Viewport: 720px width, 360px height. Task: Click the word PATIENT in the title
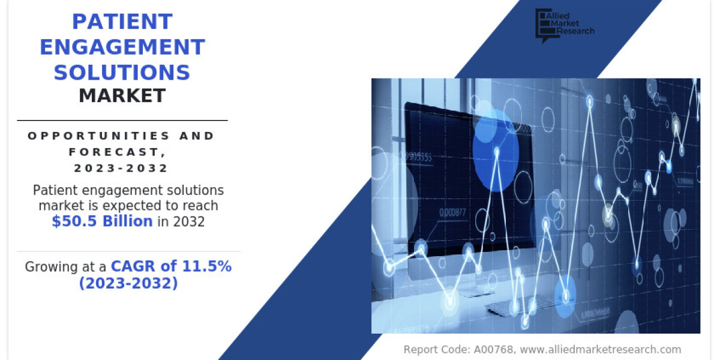click(x=122, y=22)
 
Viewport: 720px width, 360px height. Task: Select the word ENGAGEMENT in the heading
click(x=122, y=47)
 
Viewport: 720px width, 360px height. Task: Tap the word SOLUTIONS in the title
click(x=122, y=73)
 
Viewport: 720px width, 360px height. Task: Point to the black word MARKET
click(x=122, y=95)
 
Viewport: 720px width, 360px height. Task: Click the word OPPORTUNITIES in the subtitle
click(x=98, y=136)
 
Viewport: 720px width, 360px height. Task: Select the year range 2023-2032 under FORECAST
click(x=121, y=168)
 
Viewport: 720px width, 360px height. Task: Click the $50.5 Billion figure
click(x=102, y=221)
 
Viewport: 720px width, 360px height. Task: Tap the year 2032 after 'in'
click(x=188, y=222)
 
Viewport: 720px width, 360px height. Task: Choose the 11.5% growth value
click(x=206, y=266)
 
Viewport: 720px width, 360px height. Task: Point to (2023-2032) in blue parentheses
click(x=128, y=283)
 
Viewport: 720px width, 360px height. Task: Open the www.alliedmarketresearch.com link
click(x=601, y=349)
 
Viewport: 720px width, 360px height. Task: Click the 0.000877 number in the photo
click(x=452, y=212)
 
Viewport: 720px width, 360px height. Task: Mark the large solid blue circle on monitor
click(x=496, y=151)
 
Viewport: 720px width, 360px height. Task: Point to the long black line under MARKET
click(x=122, y=121)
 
